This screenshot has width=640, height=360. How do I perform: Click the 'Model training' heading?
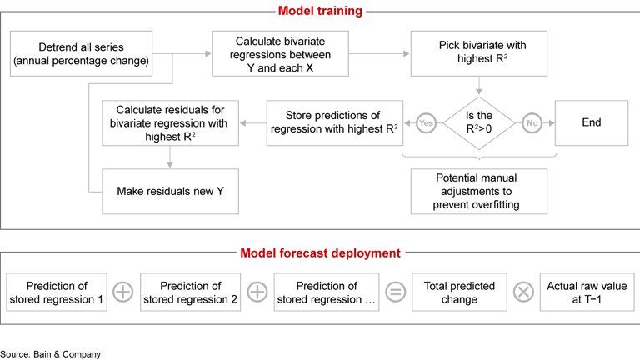point(321,11)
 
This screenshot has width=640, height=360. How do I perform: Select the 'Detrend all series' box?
point(81,53)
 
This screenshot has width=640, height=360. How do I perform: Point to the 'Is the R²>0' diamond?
point(479,122)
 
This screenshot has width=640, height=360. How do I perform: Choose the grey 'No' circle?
point(531,122)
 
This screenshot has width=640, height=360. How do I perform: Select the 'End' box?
point(592,122)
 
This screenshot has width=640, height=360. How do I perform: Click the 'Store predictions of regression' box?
point(332,122)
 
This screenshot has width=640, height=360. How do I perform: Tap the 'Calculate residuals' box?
point(170,122)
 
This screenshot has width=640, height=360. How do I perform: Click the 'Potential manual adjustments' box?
point(479,191)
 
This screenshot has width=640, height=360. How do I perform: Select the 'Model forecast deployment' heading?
point(321,252)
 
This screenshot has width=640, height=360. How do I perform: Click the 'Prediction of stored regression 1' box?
point(57,292)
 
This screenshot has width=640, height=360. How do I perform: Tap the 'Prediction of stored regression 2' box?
point(190,292)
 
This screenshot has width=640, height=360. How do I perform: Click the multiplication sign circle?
point(523,292)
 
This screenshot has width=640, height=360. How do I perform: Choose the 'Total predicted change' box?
point(459,292)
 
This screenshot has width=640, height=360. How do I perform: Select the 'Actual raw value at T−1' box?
point(587,292)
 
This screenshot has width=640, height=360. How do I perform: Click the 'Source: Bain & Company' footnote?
point(50,353)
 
